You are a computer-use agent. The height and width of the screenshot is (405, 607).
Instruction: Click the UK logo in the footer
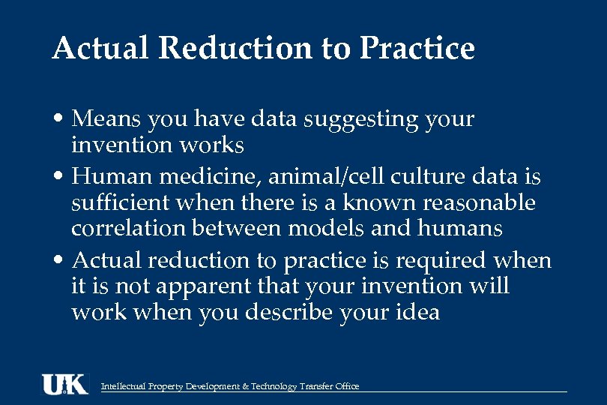[64, 384]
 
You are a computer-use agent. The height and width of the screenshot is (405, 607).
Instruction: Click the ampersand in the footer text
[246, 386]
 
